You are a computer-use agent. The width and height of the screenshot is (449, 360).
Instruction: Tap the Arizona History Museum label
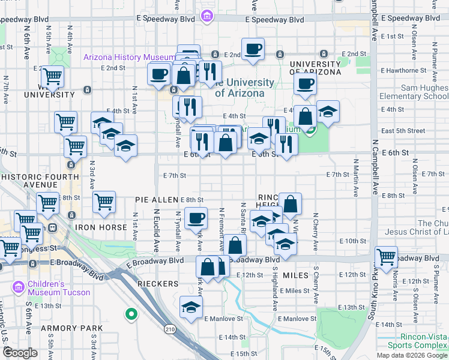(130, 58)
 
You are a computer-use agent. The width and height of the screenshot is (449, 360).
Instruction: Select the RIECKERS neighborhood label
(157, 283)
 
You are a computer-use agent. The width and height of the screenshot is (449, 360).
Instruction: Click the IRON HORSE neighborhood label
(101, 228)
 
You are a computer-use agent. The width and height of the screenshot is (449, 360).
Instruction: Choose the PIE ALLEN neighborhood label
(157, 199)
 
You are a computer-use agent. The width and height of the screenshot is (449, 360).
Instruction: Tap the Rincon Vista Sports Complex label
(417, 341)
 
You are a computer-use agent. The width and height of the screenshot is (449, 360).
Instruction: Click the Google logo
(20, 353)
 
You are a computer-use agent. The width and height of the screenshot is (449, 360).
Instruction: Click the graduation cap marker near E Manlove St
(191, 307)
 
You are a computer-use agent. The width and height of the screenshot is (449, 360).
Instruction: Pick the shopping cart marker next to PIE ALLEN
(104, 202)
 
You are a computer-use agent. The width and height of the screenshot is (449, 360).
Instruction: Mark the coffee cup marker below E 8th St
(196, 218)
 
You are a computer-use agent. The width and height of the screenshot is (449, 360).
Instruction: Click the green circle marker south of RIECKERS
(130, 314)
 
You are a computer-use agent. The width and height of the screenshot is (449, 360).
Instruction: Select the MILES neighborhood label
(295, 274)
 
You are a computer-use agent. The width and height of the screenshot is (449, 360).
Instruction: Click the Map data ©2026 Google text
(411, 355)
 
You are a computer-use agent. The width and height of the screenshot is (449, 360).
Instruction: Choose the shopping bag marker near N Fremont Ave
(236, 245)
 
